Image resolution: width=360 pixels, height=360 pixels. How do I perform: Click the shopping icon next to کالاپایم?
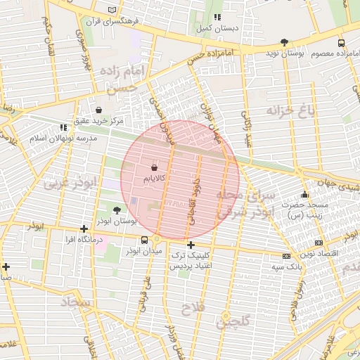tap(154, 168)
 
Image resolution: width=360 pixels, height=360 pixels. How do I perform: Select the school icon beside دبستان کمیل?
tap(217, 17)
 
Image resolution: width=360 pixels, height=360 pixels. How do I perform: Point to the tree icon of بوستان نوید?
tap(284, 42)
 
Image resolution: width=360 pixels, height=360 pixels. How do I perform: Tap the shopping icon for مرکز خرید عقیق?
tap(98, 110)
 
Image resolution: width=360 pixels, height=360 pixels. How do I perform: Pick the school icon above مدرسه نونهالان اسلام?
tap(63, 127)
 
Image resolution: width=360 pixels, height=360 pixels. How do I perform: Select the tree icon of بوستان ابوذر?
tap(117, 209)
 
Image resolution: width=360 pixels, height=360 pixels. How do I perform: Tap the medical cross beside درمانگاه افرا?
tap(84, 229)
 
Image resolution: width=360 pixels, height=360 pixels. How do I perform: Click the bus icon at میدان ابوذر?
tap(144, 240)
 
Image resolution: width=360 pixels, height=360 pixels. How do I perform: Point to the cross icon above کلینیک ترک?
tap(191, 245)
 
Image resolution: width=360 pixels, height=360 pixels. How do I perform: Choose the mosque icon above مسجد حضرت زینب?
tap(304, 195)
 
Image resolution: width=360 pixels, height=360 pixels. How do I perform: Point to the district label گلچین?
tap(233, 323)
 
